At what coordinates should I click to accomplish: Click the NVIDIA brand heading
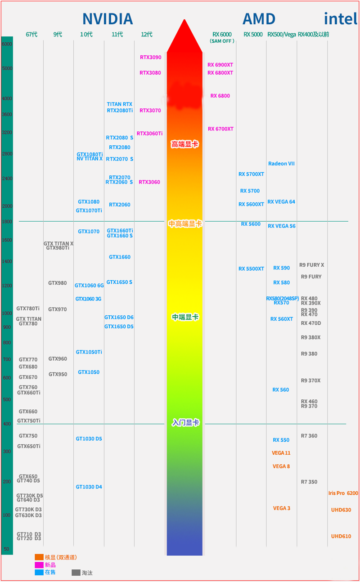[108, 19]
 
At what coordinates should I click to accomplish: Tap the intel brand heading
[341, 19]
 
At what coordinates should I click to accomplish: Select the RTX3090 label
[151, 58]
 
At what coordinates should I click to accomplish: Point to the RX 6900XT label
[220, 65]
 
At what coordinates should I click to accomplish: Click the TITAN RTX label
[120, 104]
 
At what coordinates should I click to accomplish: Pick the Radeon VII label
[281, 164]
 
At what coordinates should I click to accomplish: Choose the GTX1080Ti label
[90, 154]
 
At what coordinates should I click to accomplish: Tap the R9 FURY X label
[311, 265]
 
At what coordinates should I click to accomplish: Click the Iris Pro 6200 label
[343, 493]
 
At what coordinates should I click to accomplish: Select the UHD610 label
[341, 536]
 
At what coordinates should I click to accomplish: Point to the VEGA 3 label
[282, 508]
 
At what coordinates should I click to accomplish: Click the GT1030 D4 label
[89, 487]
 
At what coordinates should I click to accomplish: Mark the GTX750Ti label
[29, 421]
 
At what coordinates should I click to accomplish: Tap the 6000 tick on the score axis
[7, 44]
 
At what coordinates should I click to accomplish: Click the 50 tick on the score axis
[6, 549]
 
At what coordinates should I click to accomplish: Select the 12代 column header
[147, 35]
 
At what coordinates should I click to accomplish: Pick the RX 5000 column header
[253, 35]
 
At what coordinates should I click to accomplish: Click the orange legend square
[39, 557]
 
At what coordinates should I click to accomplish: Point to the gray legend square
[76, 573]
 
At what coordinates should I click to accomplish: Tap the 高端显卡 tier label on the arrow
[184, 144]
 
